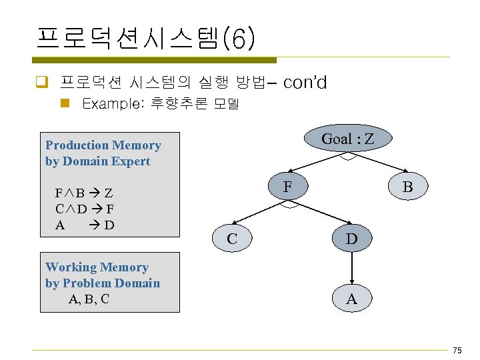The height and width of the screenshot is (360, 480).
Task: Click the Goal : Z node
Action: [x=347, y=139]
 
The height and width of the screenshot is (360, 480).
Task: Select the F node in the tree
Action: [x=287, y=187]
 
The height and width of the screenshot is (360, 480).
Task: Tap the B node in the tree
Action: [x=407, y=187]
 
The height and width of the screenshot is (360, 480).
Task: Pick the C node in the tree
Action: [x=231, y=238]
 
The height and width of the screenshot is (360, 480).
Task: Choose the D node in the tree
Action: [x=351, y=239]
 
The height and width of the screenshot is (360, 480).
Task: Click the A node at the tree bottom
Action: [x=351, y=299]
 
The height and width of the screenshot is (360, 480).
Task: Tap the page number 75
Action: [x=457, y=351]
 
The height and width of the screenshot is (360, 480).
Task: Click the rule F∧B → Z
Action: [x=84, y=193]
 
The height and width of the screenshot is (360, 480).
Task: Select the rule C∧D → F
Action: [x=84, y=209]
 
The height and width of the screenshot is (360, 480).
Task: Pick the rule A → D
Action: [x=84, y=225]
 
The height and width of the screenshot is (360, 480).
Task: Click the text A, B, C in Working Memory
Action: [x=89, y=299]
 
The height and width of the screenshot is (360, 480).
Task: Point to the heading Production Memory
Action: [x=103, y=145]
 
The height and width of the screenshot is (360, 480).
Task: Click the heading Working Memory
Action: [x=97, y=267]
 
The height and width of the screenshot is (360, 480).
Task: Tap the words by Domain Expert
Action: [x=98, y=161]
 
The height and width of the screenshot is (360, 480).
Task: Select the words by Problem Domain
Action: [x=103, y=283]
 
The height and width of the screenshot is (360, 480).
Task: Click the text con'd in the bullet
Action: [x=305, y=83]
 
